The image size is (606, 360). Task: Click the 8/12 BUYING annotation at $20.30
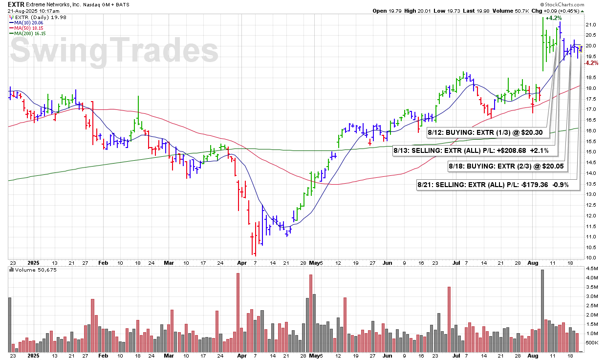(x=489, y=132)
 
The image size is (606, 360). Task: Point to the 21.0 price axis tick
(x=591, y=24)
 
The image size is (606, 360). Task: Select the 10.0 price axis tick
(x=591, y=257)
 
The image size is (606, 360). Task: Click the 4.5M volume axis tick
(x=592, y=269)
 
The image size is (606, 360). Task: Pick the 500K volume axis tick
(x=592, y=342)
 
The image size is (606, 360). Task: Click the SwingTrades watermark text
(x=114, y=51)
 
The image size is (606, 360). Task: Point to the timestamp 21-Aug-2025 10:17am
(x=34, y=11)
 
